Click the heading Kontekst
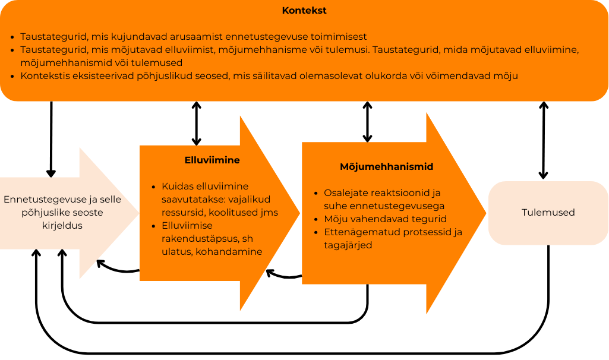coord(304,11)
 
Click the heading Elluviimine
coord(212,160)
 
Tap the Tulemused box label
coord(548,212)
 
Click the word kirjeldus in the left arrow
coord(62,226)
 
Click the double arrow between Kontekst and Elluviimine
coord(197,124)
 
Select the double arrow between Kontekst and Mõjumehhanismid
coord(367,122)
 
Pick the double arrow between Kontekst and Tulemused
coord(543,140)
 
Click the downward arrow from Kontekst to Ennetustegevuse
coord(51,140)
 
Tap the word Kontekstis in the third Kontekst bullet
coord(45,75)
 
